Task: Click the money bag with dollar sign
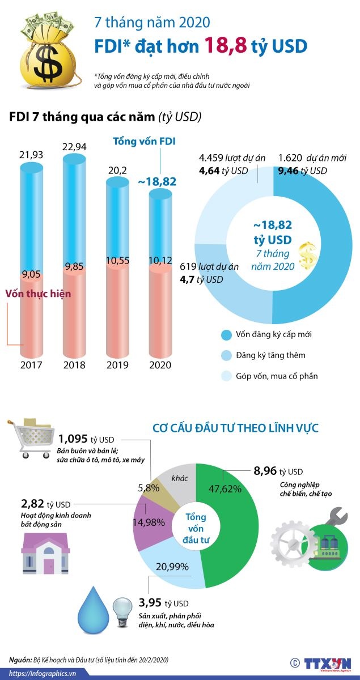(x=46, y=51)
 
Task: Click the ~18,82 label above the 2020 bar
(x=156, y=182)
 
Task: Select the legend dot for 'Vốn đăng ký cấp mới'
(x=227, y=335)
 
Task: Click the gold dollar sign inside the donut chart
(x=308, y=256)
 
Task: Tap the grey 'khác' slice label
(x=180, y=478)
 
